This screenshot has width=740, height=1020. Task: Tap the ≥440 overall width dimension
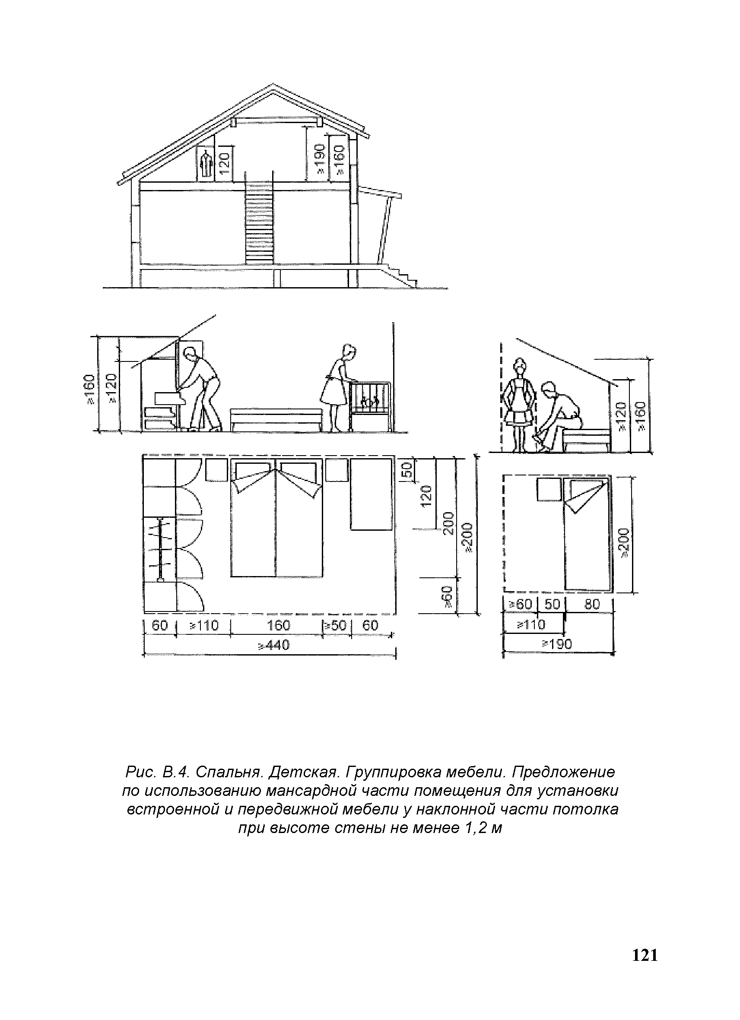[x=273, y=645]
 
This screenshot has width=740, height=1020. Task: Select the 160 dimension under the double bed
[x=279, y=625]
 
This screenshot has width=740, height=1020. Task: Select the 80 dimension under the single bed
[x=592, y=604]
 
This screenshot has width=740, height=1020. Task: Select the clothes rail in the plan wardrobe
[x=161, y=549]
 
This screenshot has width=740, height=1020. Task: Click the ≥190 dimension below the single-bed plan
[x=557, y=644]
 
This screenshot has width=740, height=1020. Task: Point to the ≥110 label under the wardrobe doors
[x=203, y=625]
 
